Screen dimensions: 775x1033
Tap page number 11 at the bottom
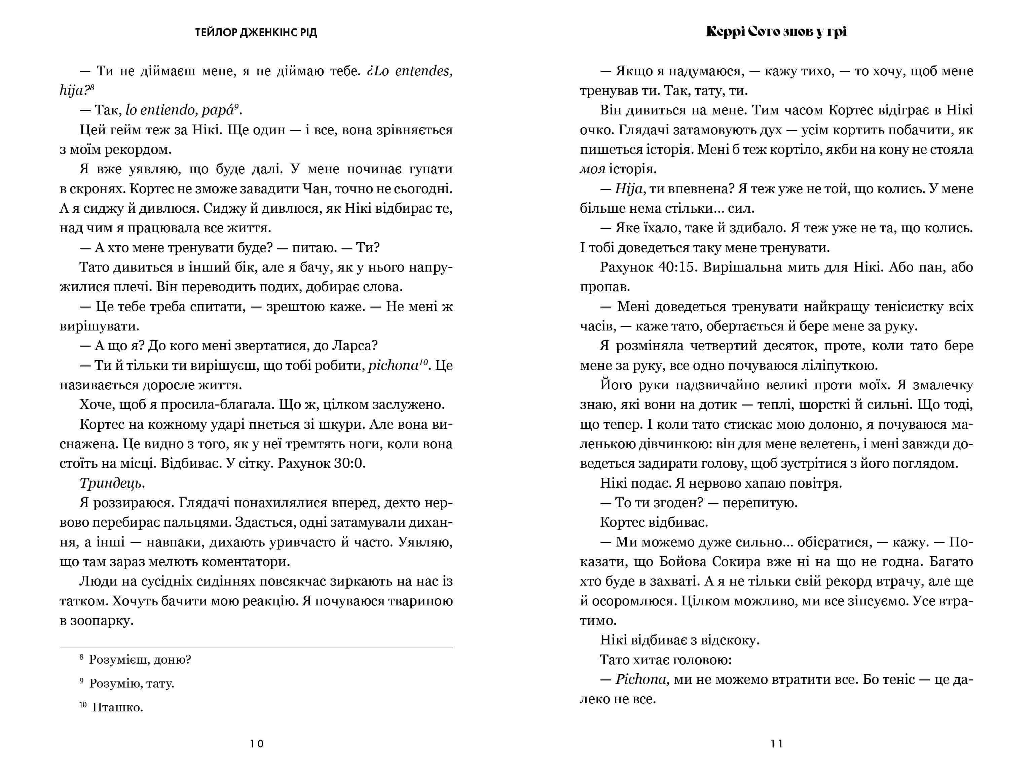(x=777, y=744)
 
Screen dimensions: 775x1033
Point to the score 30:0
(x=349, y=463)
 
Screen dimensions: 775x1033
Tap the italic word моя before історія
(x=592, y=169)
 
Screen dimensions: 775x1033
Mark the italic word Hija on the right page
(x=629, y=189)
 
